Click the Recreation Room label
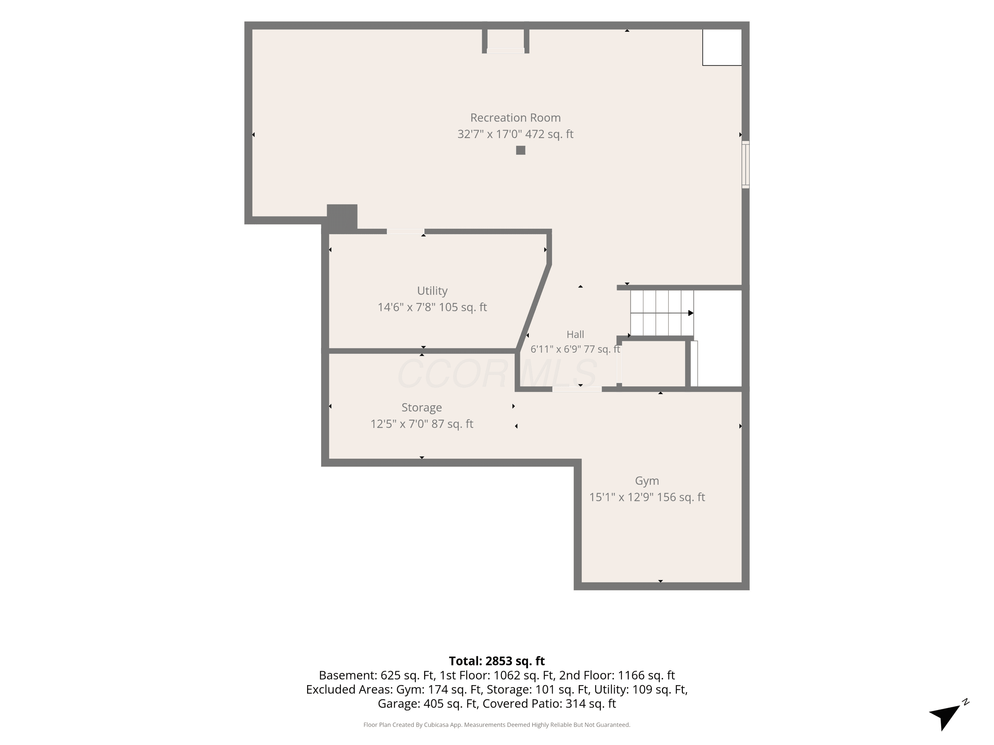point(516,118)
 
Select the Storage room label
point(421,407)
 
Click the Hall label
point(575,334)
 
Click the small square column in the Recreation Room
point(521,150)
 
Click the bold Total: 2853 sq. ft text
point(497,661)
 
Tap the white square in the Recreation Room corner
point(722,48)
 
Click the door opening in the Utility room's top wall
point(405,231)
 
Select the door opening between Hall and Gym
point(577,389)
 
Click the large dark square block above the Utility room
point(342,218)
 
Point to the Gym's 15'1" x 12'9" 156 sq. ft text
point(647,497)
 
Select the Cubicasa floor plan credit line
point(497,725)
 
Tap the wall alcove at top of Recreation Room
point(506,39)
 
